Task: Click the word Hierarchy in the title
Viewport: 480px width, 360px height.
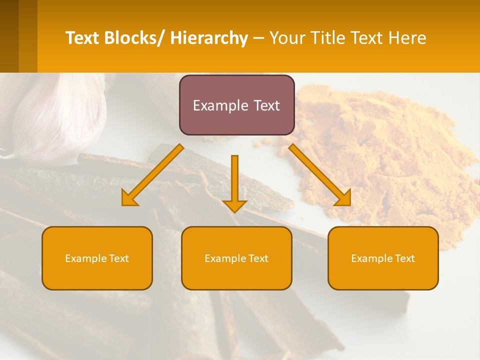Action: [x=209, y=38]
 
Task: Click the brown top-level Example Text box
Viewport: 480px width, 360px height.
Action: [x=236, y=105]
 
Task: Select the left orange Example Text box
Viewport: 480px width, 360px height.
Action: [x=97, y=258]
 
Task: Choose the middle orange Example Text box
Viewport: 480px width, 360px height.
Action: [x=236, y=258]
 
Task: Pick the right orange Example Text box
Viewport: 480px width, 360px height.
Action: [x=383, y=258]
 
